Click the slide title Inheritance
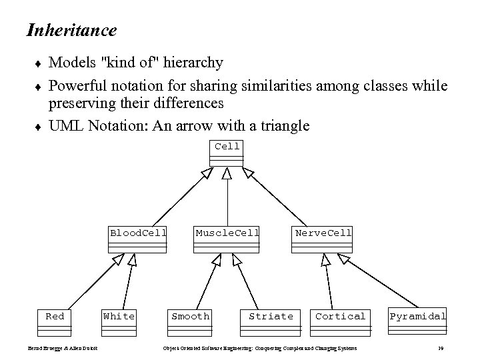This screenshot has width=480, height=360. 71,30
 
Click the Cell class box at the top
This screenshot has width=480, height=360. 227,153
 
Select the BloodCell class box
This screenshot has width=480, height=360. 138,239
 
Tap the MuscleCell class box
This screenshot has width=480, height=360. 227,239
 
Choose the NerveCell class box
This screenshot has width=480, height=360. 323,239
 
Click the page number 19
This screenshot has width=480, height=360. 441,349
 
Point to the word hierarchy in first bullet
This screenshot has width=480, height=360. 192,63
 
